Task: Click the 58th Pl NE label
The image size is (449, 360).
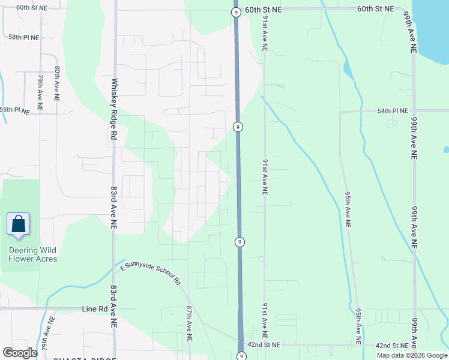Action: [23, 37]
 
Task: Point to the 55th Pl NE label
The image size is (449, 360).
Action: [14, 110]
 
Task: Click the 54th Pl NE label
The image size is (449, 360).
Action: [393, 111]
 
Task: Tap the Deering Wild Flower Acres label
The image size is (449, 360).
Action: [33, 254]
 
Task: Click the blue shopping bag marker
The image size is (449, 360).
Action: [18, 224]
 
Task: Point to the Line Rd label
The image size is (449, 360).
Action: [94, 309]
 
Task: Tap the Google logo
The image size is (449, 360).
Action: [20, 353]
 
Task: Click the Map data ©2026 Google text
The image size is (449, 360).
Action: [412, 355]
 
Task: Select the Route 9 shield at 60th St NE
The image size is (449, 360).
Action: [237, 12]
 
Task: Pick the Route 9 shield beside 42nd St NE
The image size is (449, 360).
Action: [241, 356]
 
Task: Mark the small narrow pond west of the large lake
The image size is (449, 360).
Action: [348, 70]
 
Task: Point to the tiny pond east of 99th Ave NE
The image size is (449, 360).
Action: [446, 149]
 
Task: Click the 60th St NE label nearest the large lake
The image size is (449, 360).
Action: [376, 9]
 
